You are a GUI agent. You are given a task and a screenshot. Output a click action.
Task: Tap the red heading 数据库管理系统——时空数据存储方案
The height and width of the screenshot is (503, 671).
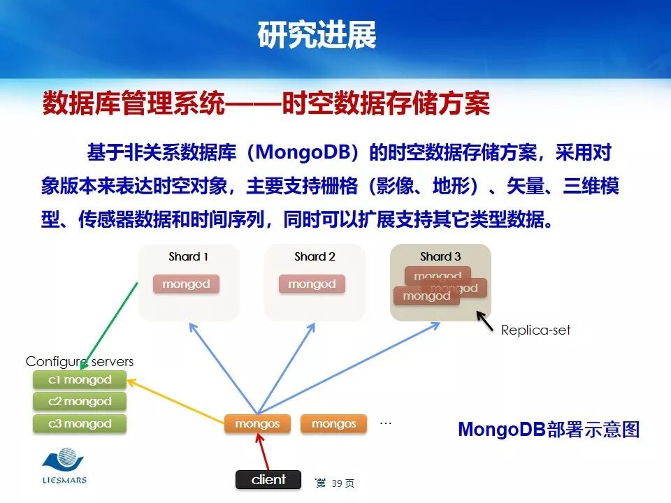pos(266,104)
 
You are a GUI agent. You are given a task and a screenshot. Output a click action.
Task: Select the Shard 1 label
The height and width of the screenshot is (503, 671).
pos(189,256)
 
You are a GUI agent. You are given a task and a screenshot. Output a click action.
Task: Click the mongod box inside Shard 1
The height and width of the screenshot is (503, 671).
pos(186,284)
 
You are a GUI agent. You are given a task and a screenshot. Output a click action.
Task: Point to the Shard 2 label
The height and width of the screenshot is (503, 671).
pos(315,256)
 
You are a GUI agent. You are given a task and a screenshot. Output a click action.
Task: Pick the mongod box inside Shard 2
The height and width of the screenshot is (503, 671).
pos(312,284)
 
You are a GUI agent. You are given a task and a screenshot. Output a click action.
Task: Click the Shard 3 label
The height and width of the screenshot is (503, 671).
pos(440,256)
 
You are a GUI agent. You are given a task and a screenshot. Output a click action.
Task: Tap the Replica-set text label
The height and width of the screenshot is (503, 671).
pos(535,330)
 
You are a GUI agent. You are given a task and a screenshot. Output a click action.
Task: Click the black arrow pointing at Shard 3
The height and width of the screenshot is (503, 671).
pos(485,320)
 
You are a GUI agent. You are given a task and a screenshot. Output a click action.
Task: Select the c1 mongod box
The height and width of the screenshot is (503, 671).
pos(80,380)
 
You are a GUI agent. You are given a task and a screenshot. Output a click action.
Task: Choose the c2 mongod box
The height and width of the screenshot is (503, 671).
pos(80,402)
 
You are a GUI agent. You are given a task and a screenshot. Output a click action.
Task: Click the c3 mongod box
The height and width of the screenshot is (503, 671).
pos(80,423)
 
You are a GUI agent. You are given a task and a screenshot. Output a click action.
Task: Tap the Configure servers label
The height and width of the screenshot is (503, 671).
pos(79,361)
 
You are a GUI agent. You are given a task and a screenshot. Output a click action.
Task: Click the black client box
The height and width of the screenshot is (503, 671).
pos(268,479)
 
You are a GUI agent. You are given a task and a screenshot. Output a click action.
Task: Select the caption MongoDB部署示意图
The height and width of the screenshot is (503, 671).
pos(549,429)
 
